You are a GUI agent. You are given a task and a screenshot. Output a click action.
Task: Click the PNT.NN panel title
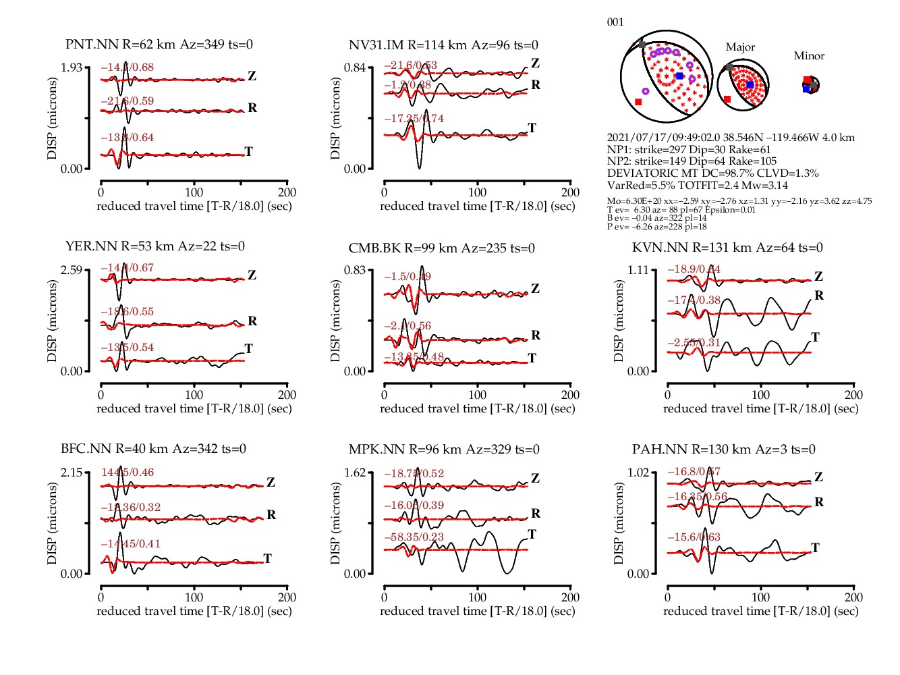(x=159, y=45)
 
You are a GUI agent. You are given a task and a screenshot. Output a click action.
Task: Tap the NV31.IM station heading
(x=443, y=45)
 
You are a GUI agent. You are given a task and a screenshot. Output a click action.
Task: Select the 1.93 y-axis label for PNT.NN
(x=72, y=67)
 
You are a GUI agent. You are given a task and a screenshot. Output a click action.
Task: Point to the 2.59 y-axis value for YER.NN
(x=72, y=270)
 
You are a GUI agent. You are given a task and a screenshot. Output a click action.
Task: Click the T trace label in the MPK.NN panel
(x=532, y=534)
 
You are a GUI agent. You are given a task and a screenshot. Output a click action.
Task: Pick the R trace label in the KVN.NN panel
(x=819, y=295)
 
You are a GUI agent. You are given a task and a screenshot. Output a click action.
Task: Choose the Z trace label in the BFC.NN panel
(x=271, y=482)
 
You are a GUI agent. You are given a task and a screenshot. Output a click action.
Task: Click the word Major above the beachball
(x=740, y=47)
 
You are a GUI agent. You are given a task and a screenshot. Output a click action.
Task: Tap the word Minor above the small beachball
(x=809, y=56)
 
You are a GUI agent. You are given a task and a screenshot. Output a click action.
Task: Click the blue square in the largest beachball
(x=679, y=76)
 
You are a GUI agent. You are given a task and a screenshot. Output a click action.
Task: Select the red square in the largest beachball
(x=638, y=102)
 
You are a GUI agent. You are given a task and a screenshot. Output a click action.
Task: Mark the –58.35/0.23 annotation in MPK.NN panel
(x=414, y=537)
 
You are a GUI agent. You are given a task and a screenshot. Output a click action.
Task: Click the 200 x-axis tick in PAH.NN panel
(x=853, y=597)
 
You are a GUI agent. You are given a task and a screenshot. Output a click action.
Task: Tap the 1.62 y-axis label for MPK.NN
(x=355, y=473)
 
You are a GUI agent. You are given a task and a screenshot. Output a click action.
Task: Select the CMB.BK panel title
(x=441, y=248)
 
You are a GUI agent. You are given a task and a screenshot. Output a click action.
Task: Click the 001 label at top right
(x=615, y=22)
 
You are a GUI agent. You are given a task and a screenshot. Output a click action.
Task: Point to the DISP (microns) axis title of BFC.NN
(x=53, y=523)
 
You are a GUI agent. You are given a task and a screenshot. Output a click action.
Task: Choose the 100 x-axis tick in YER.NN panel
(x=194, y=395)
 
